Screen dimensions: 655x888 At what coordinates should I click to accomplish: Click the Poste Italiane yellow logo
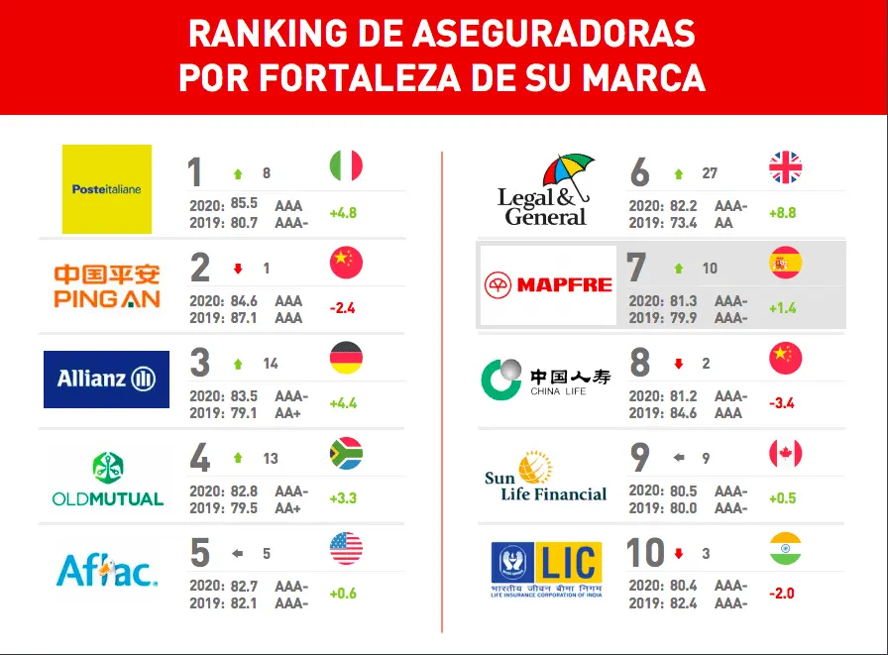point(107,189)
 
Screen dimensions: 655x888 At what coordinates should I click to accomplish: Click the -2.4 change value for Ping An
point(342,307)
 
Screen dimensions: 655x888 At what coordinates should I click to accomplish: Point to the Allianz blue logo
point(106,379)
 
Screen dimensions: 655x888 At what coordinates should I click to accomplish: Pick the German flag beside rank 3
point(346,357)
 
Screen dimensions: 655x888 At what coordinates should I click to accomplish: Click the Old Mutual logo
point(107,479)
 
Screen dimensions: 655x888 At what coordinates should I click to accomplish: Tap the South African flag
point(346,454)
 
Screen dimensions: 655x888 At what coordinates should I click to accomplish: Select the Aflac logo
point(107,570)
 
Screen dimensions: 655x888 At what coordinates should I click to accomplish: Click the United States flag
point(346,548)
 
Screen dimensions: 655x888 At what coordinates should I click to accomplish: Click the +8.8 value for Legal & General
point(782,213)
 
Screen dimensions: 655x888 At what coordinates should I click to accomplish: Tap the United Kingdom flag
point(786,167)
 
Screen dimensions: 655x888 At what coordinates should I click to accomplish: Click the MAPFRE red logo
point(548,285)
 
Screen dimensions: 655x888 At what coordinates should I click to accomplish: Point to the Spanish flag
point(786,263)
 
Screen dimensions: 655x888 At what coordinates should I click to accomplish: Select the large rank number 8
point(640,364)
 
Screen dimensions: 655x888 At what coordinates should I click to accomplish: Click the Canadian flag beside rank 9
point(786,454)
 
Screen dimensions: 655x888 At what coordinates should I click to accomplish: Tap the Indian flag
point(786,548)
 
